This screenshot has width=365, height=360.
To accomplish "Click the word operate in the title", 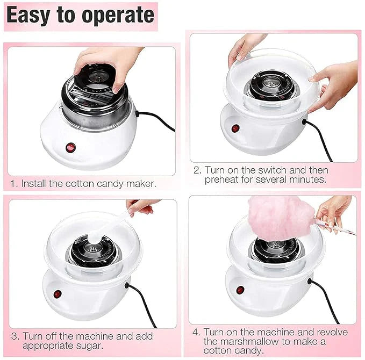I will [x=118, y=16].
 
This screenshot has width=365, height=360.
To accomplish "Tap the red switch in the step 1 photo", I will [x=69, y=147].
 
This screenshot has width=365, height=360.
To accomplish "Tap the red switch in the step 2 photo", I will [x=235, y=128].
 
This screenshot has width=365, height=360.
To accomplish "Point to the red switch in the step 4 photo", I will [x=240, y=290].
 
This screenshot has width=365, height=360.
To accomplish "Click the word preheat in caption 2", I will [x=221, y=179].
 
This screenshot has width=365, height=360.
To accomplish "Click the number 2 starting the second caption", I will [x=197, y=170].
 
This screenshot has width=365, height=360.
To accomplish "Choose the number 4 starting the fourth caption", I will [x=196, y=332].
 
